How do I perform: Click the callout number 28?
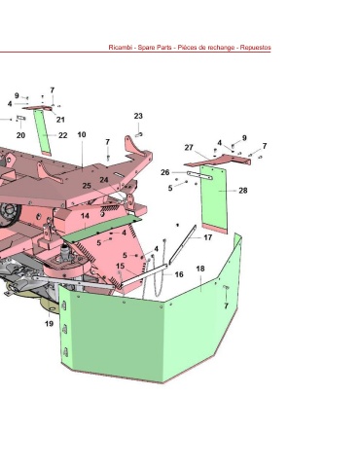243,191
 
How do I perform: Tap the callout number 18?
200,269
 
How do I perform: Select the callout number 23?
138,116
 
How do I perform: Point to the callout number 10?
82,134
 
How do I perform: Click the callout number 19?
49,323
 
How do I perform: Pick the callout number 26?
165,172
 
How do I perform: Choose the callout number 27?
189,148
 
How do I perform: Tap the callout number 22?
63,135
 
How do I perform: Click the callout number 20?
20,135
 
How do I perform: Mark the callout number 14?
85,216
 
